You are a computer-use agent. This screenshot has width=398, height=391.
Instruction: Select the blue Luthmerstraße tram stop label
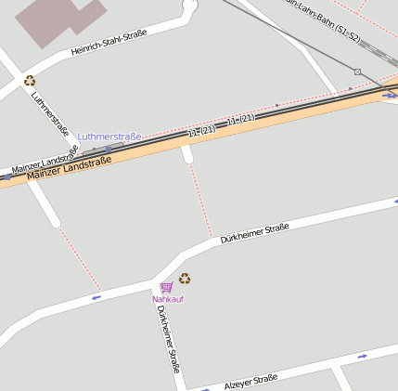click(x=109, y=137)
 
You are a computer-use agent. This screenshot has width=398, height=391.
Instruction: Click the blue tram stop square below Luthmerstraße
click(x=109, y=147)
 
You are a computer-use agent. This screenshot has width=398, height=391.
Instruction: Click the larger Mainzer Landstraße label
click(x=70, y=168)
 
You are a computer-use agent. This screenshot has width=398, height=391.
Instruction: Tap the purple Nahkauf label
click(x=168, y=299)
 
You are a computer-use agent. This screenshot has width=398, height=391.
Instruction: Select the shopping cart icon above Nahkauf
click(x=166, y=287)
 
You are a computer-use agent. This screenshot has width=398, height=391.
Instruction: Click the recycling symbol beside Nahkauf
click(x=185, y=278)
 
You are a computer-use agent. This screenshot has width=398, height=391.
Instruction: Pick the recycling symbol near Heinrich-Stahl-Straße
click(x=30, y=81)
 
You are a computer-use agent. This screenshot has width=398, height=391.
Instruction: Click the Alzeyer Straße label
click(x=250, y=381)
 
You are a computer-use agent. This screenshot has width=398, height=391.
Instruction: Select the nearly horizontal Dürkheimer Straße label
click(x=255, y=232)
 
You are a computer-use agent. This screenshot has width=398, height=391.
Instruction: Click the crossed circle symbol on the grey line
click(x=357, y=72)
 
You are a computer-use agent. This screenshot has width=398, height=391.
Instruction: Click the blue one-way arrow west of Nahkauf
click(x=96, y=298)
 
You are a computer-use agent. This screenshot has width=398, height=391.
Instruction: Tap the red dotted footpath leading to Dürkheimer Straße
click(x=199, y=200)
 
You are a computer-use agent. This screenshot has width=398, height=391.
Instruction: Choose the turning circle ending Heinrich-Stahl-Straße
click(x=190, y=6)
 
